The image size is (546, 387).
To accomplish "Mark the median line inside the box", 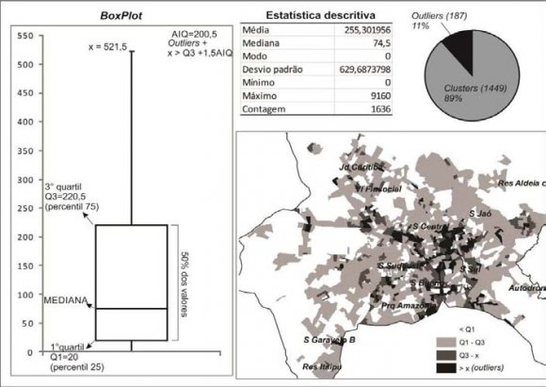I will tap(131, 308).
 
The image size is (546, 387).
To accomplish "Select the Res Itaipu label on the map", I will tap(322, 366).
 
